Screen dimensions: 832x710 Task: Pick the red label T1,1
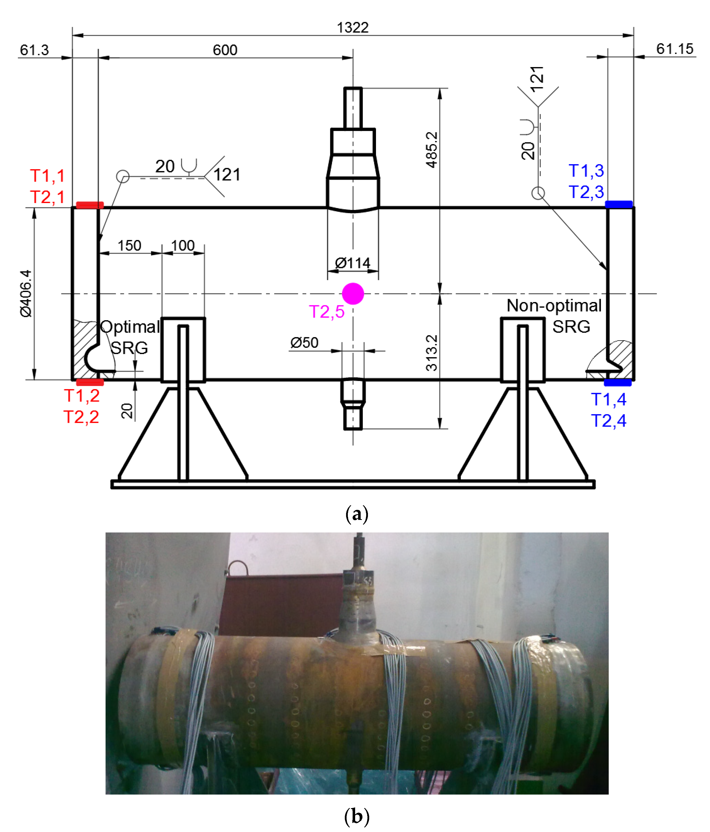(x=47, y=175)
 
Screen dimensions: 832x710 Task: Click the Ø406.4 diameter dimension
(x=26, y=293)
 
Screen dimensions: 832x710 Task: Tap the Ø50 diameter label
(x=304, y=342)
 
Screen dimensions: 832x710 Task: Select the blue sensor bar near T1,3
(x=619, y=204)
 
